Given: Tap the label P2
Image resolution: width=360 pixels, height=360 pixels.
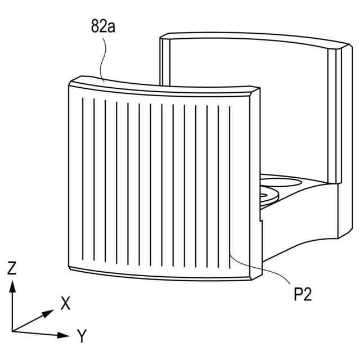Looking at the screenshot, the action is point(302,295).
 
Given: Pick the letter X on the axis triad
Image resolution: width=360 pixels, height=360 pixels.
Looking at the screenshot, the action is point(66,304).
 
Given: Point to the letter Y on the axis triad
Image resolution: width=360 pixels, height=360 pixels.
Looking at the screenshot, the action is point(82,336).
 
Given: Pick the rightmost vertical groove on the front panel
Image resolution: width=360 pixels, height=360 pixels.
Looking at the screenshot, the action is point(230,186).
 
